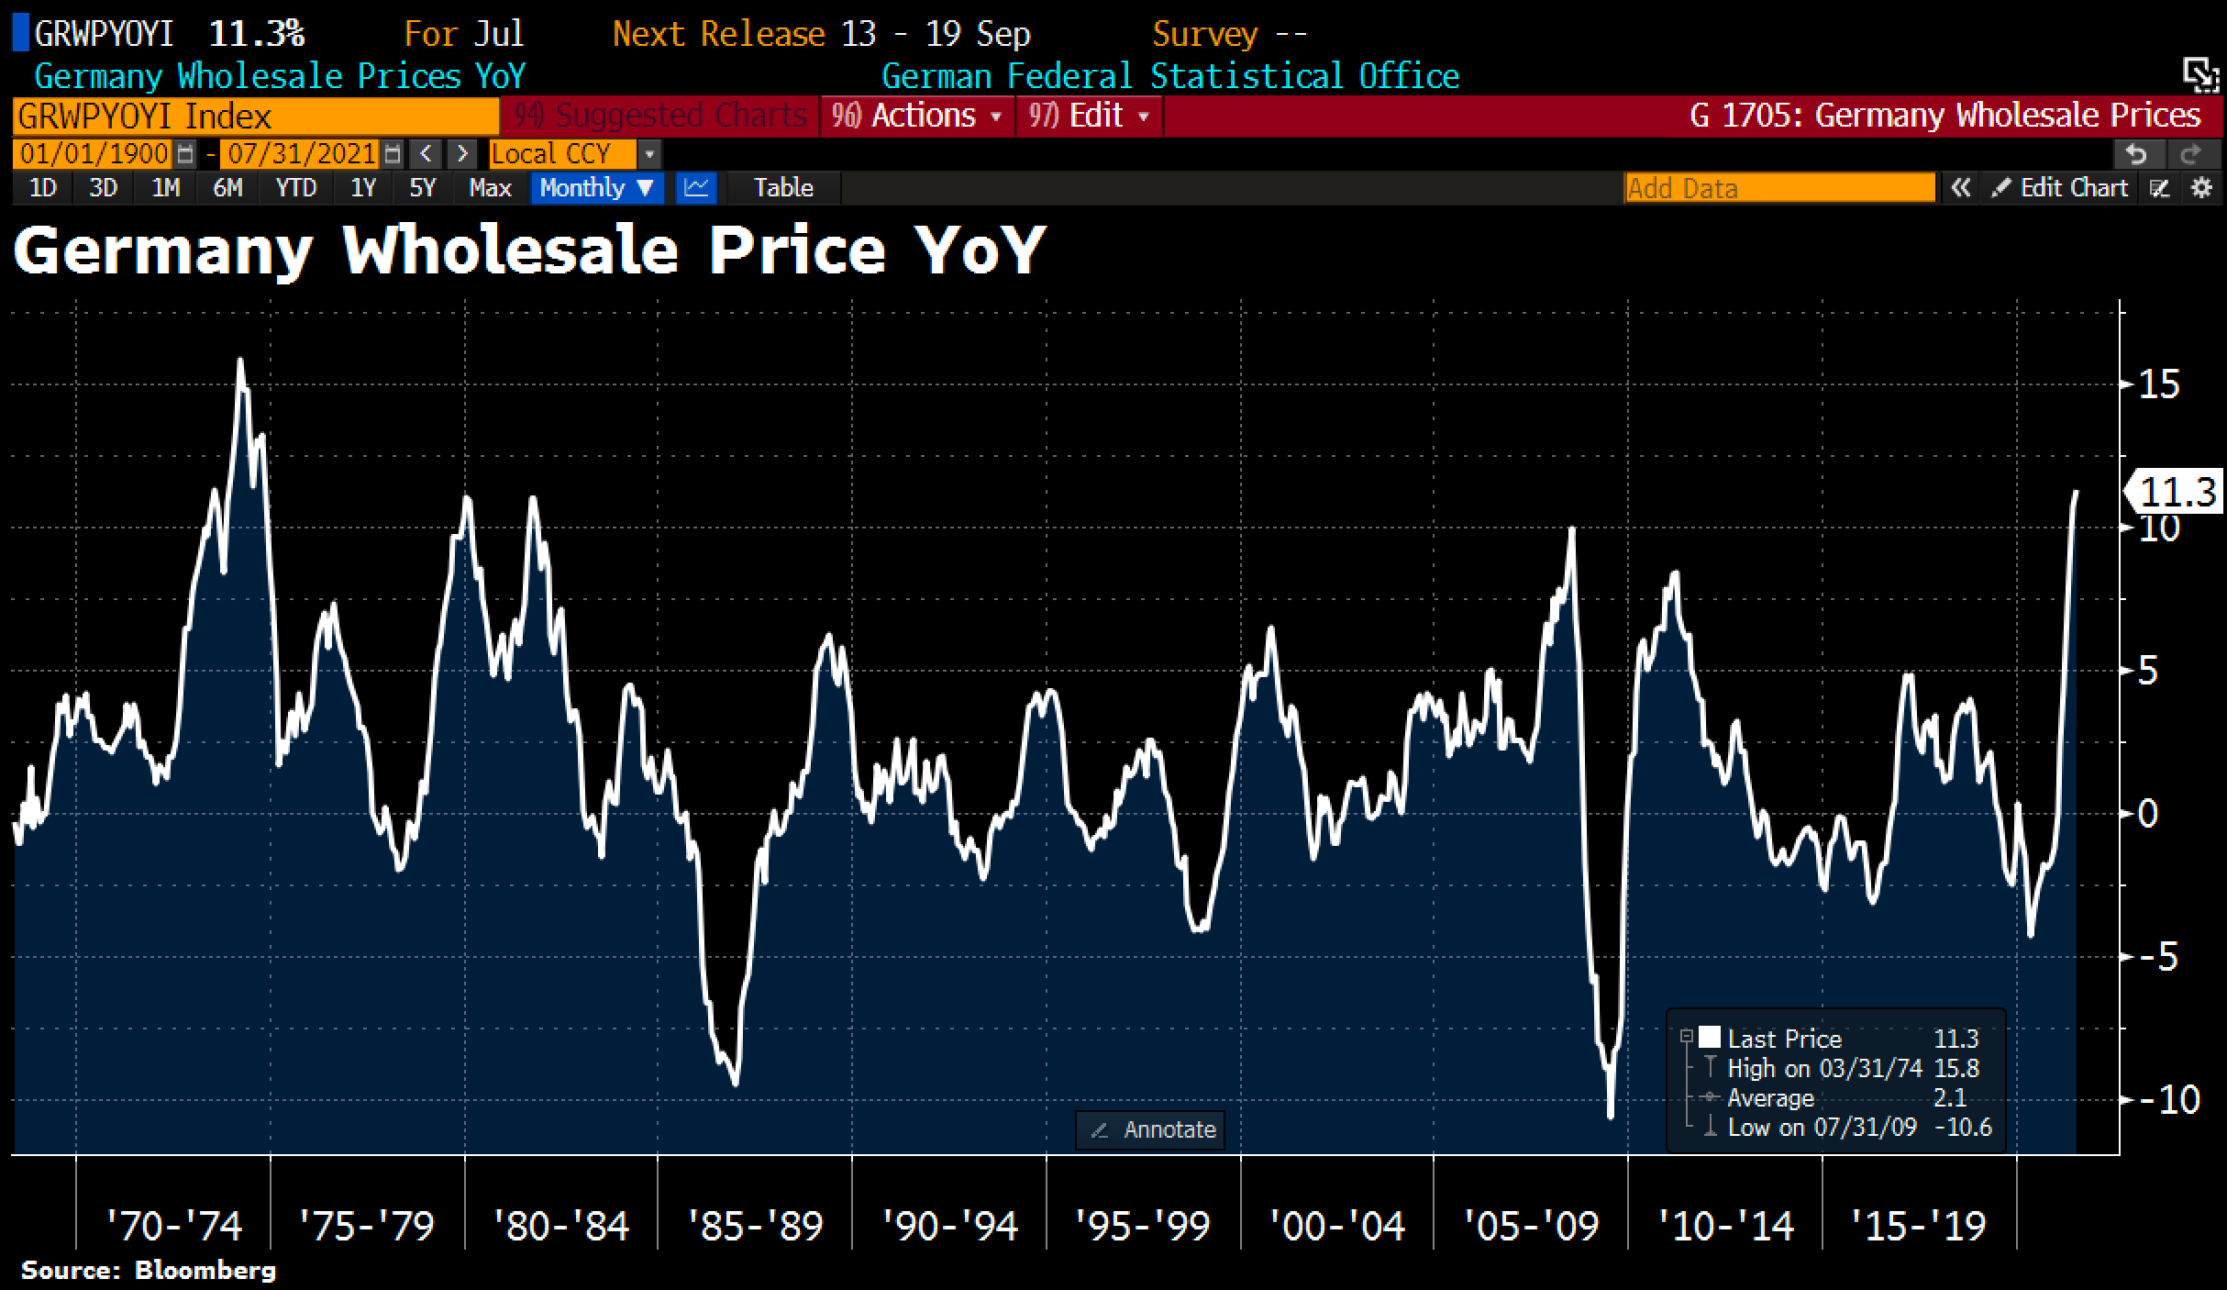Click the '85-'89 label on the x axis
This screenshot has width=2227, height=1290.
(x=755, y=1226)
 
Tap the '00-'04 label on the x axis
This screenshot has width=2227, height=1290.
(x=1336, y=1226)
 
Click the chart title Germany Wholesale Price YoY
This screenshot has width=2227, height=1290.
(x=529, y=250)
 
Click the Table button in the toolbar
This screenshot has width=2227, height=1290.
(x=783, y=188)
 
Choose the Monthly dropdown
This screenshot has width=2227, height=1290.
(x=596, y=188)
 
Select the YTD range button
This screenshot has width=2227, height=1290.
(x=295, y=188)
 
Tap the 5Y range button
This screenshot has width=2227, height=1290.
(x=422, y=188)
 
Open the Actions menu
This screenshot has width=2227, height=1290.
(x=917, y=116)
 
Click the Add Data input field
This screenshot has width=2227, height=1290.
(x=1779, y=188)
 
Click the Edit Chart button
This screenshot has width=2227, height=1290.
(x=2062, y=188)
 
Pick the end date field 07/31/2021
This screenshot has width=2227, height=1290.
(x=303, y=153)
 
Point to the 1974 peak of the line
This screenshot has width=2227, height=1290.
(x=240, y=361)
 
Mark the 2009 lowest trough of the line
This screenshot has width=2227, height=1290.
(x=1611, y=1116)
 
